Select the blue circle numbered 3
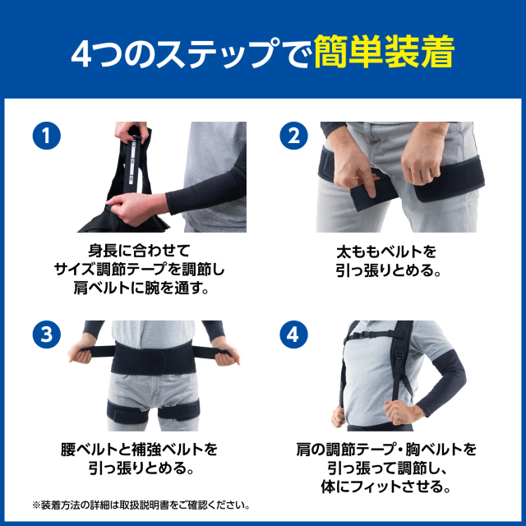(47, 335)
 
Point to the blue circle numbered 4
(293, 335)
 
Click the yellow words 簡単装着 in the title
(384, 53)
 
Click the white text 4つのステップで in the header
(191, 54)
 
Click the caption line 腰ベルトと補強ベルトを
(139, 450)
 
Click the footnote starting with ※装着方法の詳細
(141, 505)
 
